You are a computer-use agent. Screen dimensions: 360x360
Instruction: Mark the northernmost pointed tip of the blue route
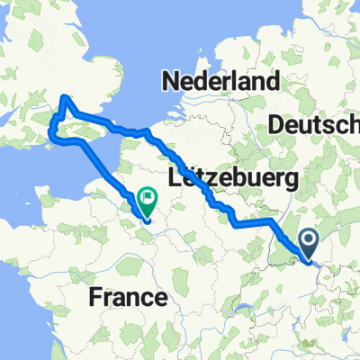click(64, 97)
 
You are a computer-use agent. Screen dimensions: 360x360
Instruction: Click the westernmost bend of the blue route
click(51, 137)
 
